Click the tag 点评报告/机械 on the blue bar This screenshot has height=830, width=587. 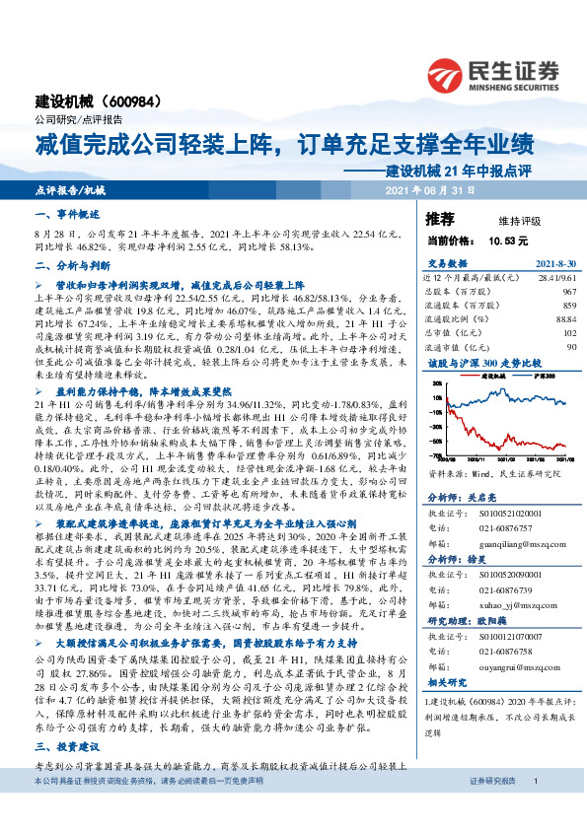69,189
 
